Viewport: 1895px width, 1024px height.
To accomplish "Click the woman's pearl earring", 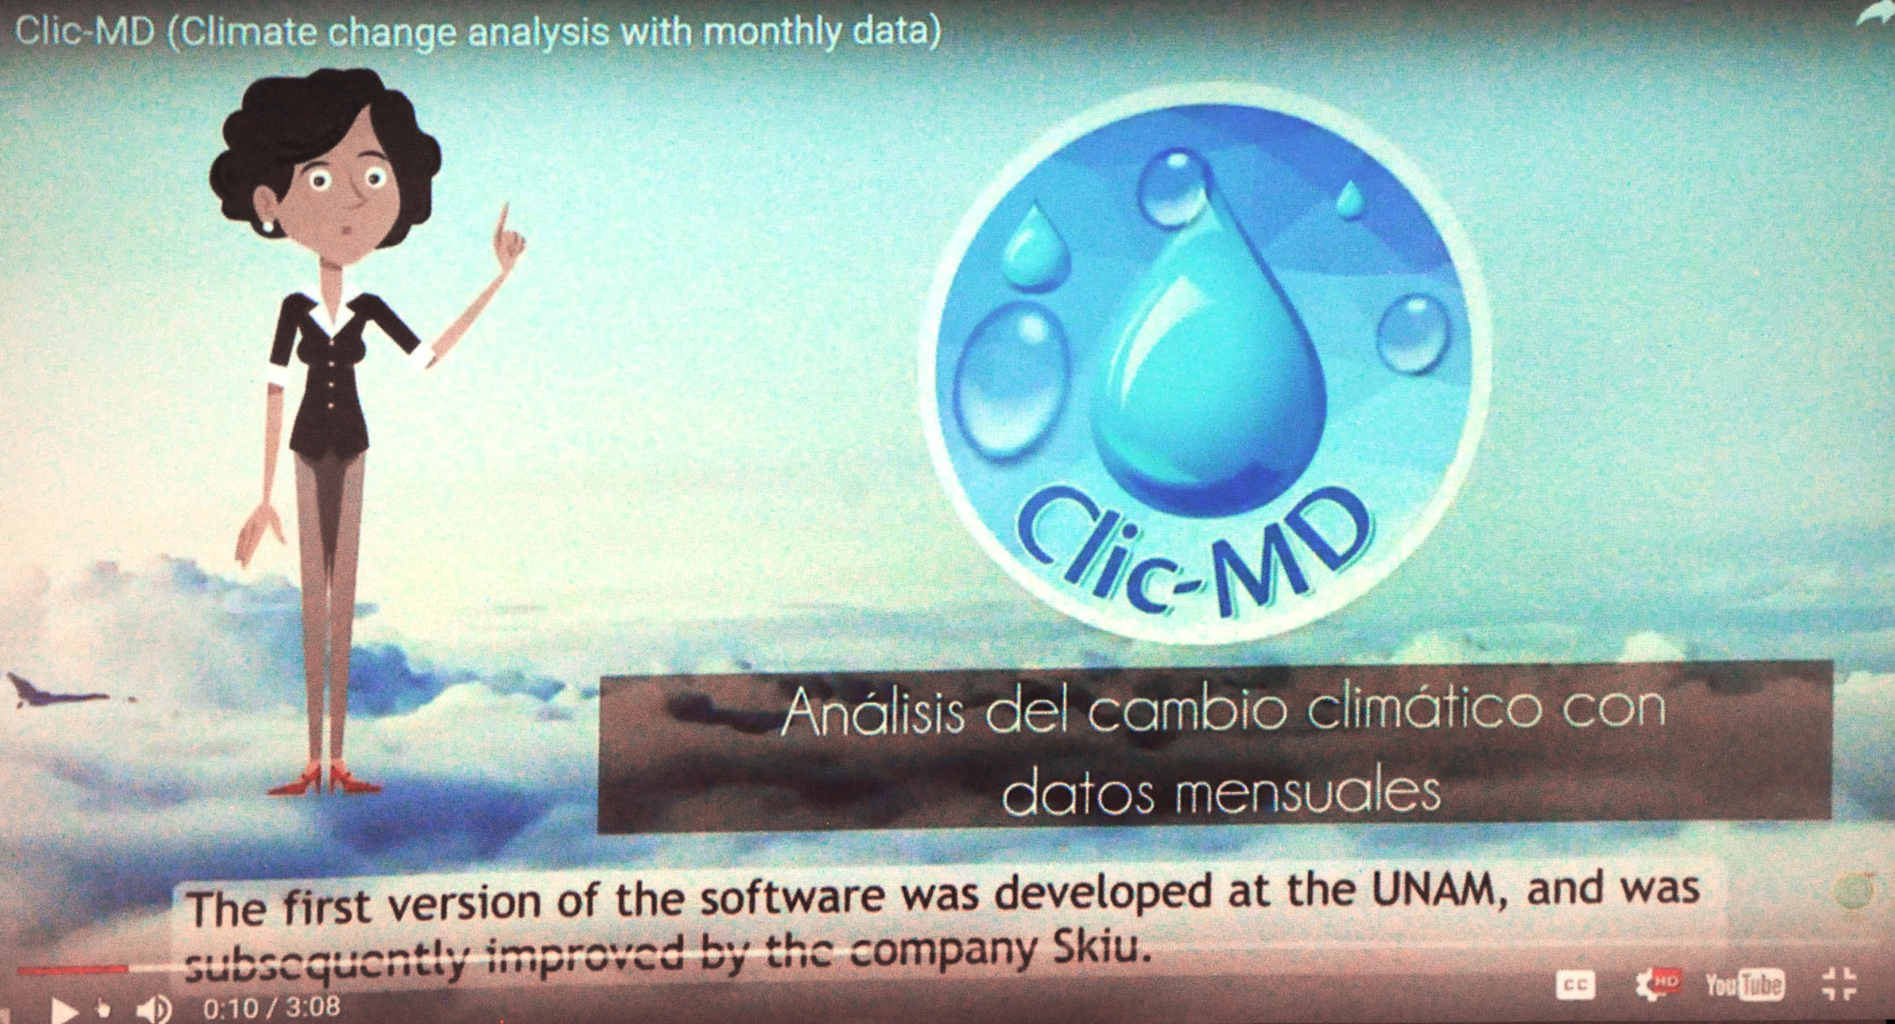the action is pyautogui.click(x=268, y=226).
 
